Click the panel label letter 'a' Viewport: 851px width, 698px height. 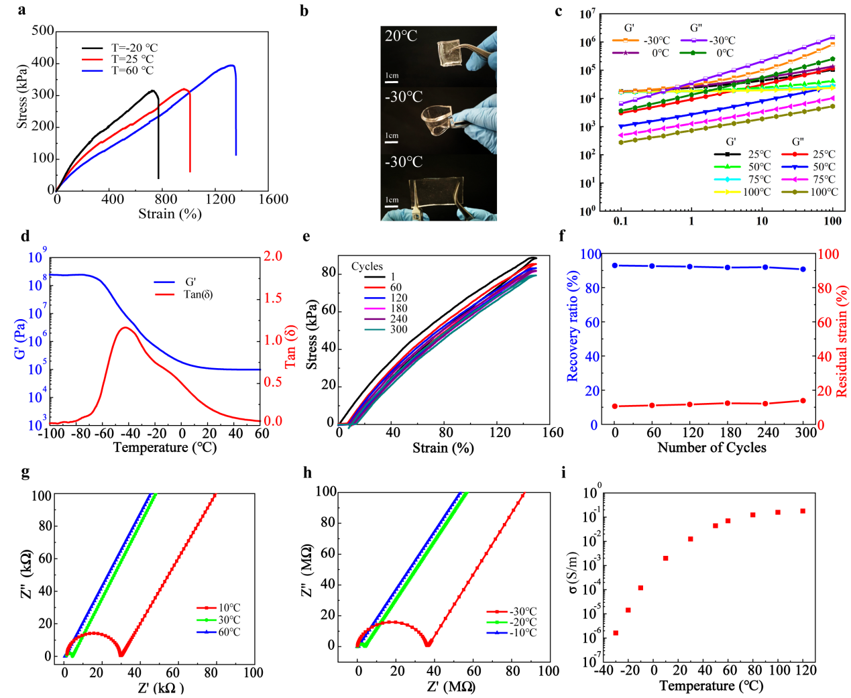[22, 9]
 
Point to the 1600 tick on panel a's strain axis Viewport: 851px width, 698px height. [273, 199]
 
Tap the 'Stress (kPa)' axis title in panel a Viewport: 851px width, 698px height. [22, 97]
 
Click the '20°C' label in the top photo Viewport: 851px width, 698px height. [401, 36]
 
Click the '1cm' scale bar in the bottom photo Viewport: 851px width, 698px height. [392, 200]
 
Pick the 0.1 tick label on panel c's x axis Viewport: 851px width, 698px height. [621, 221]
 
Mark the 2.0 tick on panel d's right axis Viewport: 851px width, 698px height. [272, 256]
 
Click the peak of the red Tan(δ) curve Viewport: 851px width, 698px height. [125, 327]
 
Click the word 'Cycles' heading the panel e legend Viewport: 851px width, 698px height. [367, 266]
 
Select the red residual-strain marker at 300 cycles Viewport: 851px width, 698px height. [803, 401]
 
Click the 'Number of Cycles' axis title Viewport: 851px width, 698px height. [712, 447]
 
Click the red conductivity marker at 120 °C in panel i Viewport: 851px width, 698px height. [803, 511]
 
